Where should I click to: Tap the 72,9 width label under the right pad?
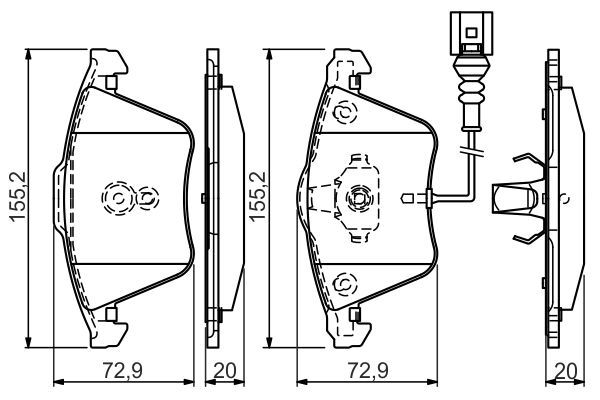[368, 375]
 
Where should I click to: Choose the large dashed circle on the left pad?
[118, 199]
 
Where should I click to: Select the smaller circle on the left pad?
[148, 198]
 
